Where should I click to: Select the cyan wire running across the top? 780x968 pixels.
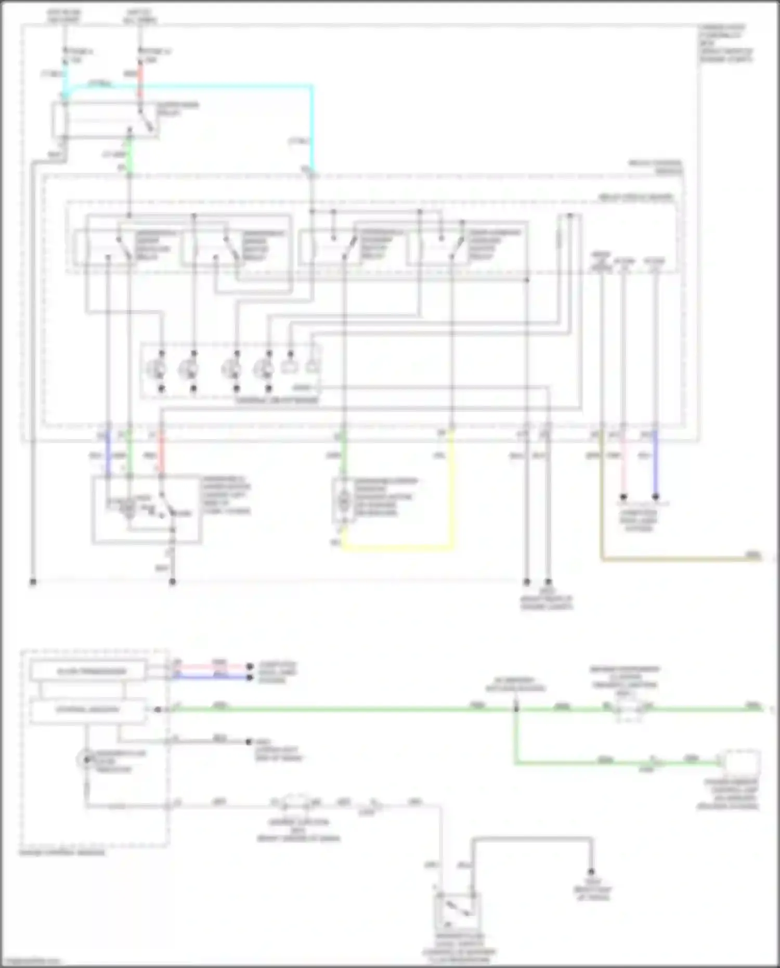coord(208,85)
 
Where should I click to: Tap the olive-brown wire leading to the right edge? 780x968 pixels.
coord(676,559)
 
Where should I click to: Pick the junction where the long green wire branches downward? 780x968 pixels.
coord(515,708)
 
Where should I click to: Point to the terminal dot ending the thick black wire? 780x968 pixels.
coord(591,872)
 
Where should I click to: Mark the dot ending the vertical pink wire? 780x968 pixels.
coord(623,497)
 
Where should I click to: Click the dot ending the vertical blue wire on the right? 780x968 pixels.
coord(655,497)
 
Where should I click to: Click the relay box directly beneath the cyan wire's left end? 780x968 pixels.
coord(104,120)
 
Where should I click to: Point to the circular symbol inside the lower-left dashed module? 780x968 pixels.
coord(85,760)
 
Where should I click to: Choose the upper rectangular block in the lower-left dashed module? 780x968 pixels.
coord(88,671)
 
